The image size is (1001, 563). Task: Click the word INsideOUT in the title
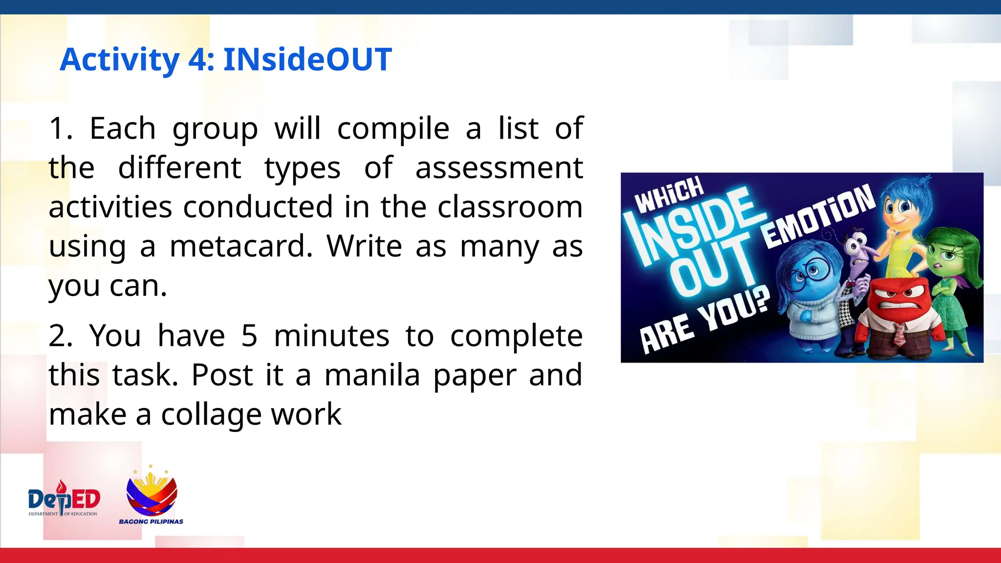(307, 60)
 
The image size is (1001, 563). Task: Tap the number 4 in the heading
(198, 60)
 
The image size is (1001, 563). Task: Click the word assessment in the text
(499, 168)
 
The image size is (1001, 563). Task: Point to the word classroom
(510, 207)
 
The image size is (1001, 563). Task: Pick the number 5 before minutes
(249, 336)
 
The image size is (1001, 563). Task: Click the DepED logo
(64, 498)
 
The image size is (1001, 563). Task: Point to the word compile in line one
(393, 129)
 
